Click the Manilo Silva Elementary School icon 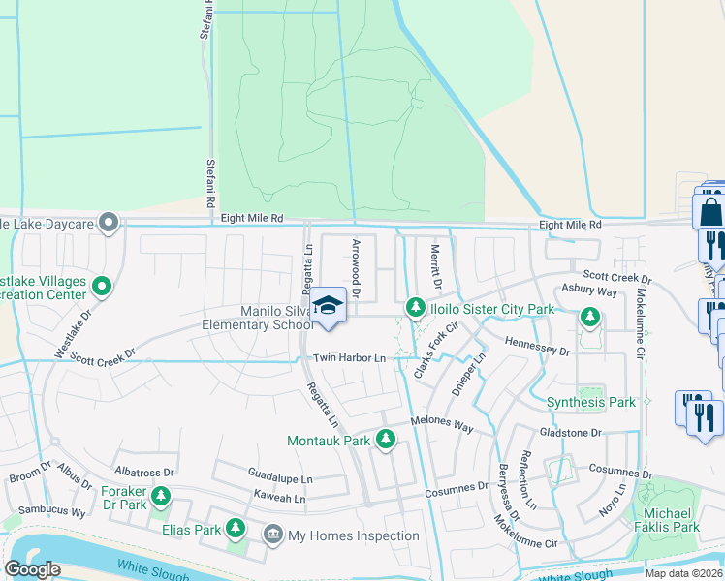[x=329, y=305]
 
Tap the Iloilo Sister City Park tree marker [x=416, y=307]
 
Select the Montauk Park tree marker [x=386, y=440]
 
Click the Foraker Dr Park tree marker [x=161, y=498]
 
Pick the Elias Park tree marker [x=235, y=528]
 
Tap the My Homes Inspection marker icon [x=273, y=535]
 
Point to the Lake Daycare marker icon [x=110, y=225]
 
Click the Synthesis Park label [x=590, y=402]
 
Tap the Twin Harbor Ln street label [x=349, y=358]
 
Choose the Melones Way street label [x=442, y=426]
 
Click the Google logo [x=32, y=569]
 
